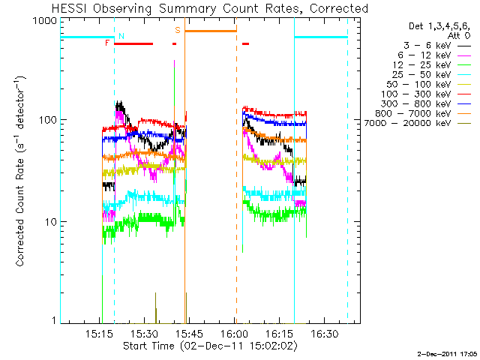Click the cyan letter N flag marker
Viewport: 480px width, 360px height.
tap(121, 35)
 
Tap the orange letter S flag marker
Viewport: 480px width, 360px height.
tap(178, 30)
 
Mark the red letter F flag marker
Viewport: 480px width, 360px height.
tap(108, 43)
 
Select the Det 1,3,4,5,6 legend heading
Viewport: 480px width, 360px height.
tap(424, 25)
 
